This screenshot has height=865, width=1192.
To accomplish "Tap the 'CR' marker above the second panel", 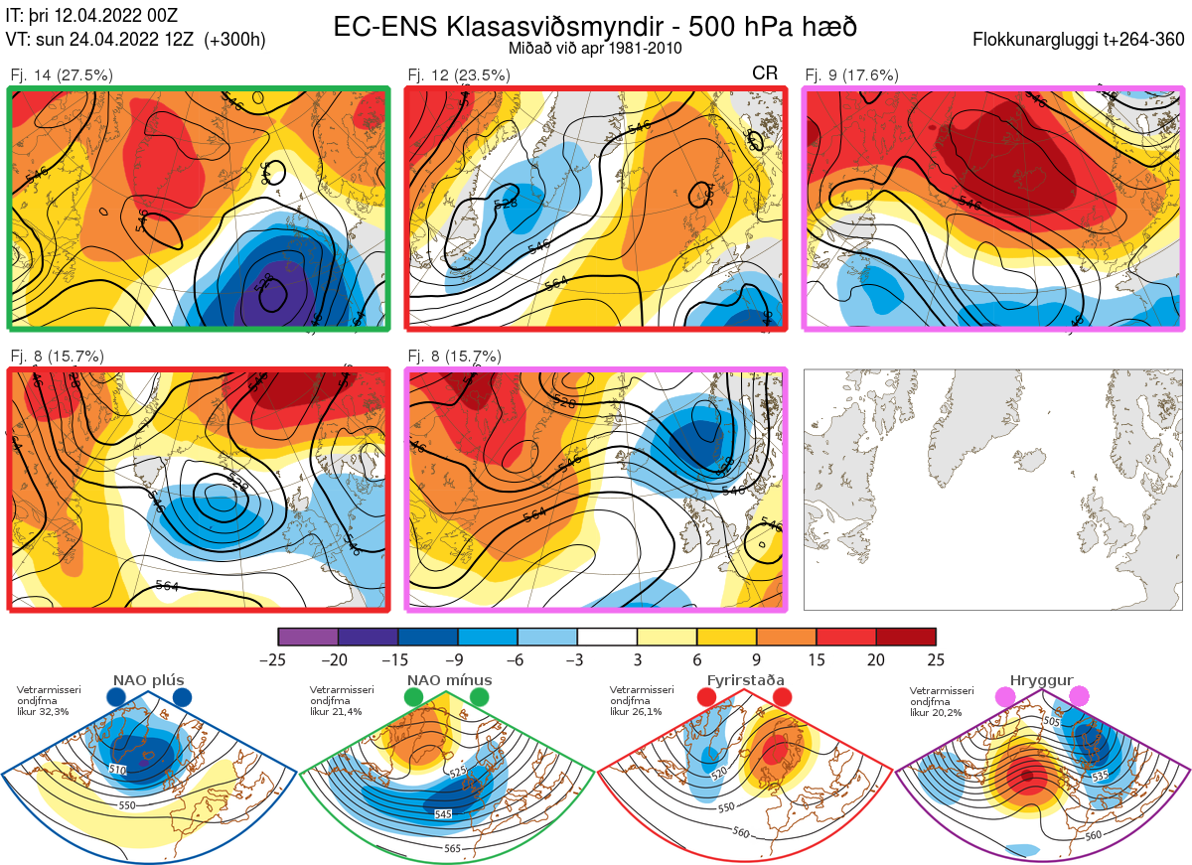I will pyautogui.click(x=765, y=73).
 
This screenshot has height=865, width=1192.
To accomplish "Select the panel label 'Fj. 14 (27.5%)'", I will pyautogui.click(x=62, y=74).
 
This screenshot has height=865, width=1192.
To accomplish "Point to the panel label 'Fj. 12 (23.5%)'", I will pyautogui.click(x=459, y=74).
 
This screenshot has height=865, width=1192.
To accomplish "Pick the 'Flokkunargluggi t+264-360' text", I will pyautogui.click(x=1081, y=40).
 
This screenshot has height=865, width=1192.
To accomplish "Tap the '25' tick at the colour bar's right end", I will pyautogui.click(x=935, y=659).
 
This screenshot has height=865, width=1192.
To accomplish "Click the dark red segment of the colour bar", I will pyautogui.click(x=906, y=637).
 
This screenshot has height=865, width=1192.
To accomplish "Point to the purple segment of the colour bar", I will pyautogui.click(x=308, y=637).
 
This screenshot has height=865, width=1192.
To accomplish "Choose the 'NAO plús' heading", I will pyautogui.click(x=148, y=680).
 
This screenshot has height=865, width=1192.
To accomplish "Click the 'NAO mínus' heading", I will pyautogui.click(x=449, y=680).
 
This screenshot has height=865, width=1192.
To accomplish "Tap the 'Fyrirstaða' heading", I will pyautogui.click(x=745, y=680).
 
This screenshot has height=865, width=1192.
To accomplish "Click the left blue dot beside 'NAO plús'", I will pyautogui.click(x=116, y=698).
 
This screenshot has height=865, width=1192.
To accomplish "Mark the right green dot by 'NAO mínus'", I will pyautogui.click(x=481, y=698).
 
